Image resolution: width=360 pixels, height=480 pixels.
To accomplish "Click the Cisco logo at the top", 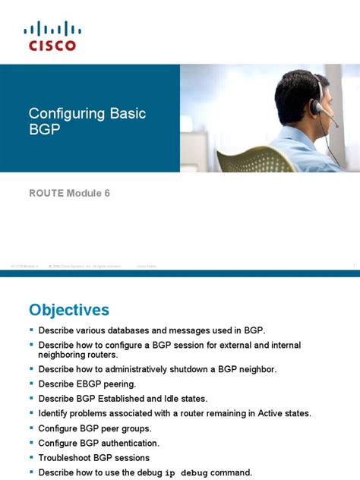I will (52, 36).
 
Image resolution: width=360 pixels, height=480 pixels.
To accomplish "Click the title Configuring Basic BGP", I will (87, 122).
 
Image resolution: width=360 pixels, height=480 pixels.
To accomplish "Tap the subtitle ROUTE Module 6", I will (69, 193).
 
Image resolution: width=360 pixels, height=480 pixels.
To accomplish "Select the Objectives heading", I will (68, 310).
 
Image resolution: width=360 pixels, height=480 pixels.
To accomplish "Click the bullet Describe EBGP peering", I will (87, 384).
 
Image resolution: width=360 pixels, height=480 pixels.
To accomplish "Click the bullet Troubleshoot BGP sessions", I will (93, 458).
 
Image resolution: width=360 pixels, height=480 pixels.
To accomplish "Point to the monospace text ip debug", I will (185, 472).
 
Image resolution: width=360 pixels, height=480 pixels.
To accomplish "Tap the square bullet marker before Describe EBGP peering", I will (31, 384).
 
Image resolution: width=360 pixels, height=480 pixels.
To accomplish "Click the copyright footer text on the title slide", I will (84, 265).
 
